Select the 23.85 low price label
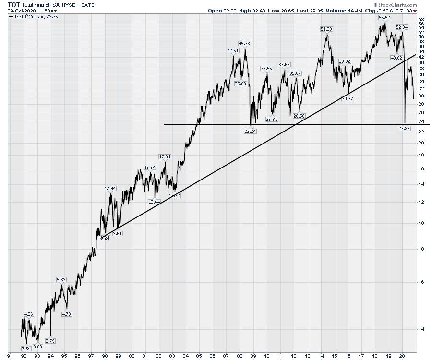click(x=405, y=128)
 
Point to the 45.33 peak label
click(x=244, y=43)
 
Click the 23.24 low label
click(x=250, y=131)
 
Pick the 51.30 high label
click(x=326, y=29)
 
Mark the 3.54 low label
click(x=26, y=348)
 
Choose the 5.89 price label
click(x=61, y=279)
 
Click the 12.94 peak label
click(x=110, y=189)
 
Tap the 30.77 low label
click(x=348, y=98)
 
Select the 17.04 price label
click(x=165, y=157)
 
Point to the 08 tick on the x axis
click(x=240, y=356)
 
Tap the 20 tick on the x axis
click(x=402, y=356)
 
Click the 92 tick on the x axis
click(x=24, y=356)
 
